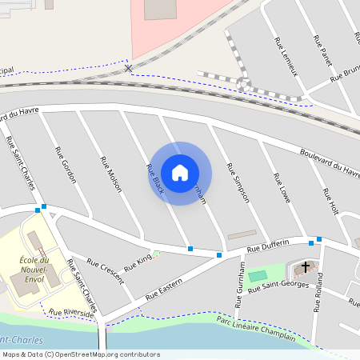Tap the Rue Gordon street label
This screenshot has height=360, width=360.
tap(66, 165)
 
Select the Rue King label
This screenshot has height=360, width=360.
tap(138, 261)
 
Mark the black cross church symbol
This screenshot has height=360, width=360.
tap(306, 266)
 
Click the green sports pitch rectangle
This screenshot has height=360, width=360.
tap(258, 276)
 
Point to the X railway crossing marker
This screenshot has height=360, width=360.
tap(128, 70)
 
